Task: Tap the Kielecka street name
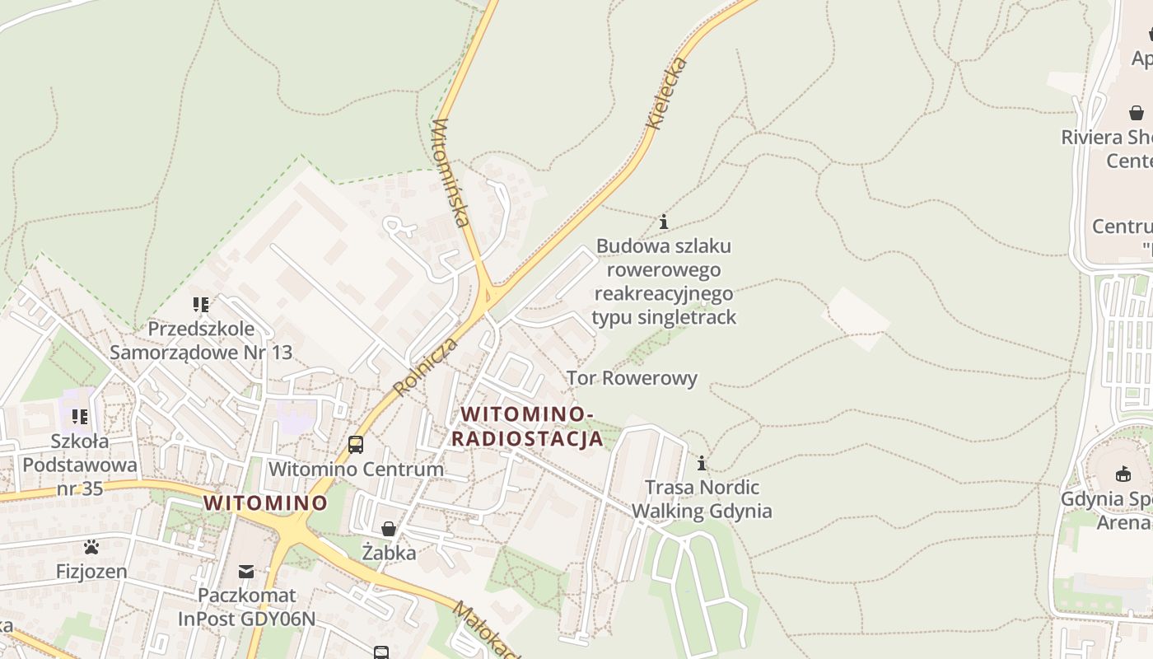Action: click(x=666, y=93)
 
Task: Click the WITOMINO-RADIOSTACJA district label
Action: click(x=527, y=426)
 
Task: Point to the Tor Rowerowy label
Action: click(x=632, y=378)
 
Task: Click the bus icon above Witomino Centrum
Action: click(x=356, y=444)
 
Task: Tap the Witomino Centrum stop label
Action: click(x=356, y=470)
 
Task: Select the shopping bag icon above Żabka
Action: click(x=389, y=528)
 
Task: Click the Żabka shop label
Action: click(x=389, y=553)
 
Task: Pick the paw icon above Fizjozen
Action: click(x=91, y=547)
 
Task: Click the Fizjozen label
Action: click(x=91, y=571)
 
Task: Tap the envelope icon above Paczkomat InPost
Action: click(x=246, y=571)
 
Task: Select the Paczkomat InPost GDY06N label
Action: click(x=246, y=606)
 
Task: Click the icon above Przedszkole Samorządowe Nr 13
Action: click(x=201, y=305)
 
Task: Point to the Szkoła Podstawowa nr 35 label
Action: click(x=79, y=465)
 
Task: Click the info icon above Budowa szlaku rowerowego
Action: click(x=664, y=222)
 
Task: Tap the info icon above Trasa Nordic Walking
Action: click(x=702, y=463)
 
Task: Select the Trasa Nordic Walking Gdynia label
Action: click(x=702, y=499)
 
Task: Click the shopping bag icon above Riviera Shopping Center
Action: click(x=1137, y=113)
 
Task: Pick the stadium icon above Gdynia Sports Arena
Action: click(x=1123, y=474)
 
